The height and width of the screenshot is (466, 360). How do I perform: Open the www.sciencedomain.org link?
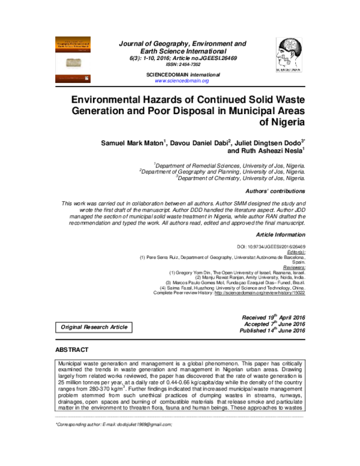[x=181, y=80]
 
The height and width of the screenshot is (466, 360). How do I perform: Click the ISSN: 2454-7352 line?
[x=181, y=65]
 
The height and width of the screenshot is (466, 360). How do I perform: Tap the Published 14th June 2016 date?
[x=272, y=330]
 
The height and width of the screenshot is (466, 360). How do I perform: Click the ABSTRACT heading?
[x=72, y=349]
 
